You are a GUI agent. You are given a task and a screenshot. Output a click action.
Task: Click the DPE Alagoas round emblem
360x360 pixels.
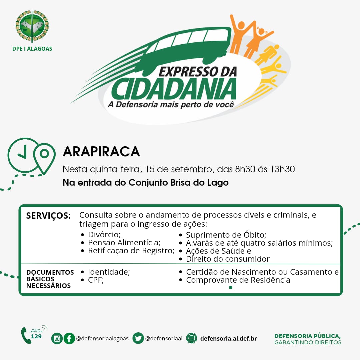click(32, 26)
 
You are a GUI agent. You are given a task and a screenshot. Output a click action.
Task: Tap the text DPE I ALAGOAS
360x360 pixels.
click(32, 49)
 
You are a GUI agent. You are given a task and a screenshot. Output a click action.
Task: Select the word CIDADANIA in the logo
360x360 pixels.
click(174, 89)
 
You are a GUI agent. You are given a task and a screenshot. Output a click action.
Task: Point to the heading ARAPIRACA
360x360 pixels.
click(101, 152)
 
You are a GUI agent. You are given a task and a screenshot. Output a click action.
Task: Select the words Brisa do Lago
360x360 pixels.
click(199, 183)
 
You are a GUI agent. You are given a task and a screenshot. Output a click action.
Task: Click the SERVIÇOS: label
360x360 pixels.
click(48, 216)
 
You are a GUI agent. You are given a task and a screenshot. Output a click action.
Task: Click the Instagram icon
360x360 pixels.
click(57, 338)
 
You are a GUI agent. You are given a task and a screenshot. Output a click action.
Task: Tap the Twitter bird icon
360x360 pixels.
click(138, 338)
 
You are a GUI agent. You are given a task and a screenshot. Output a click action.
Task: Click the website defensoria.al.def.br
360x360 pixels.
click(228, 338)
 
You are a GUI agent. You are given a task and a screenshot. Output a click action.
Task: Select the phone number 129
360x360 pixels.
click(36, 336)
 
